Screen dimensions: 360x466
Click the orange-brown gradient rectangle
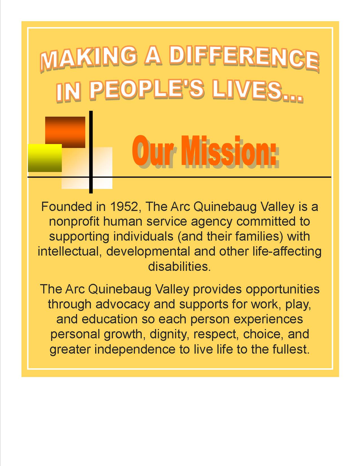(x=65, y=132)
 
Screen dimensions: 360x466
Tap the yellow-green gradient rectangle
(x=45, y=158)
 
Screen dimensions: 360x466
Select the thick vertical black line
(x=91, y=152)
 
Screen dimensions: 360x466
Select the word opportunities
(x=283, y=289)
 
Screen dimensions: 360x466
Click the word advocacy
(x=123, y=304)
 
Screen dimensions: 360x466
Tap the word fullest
(x=291, y=349)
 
